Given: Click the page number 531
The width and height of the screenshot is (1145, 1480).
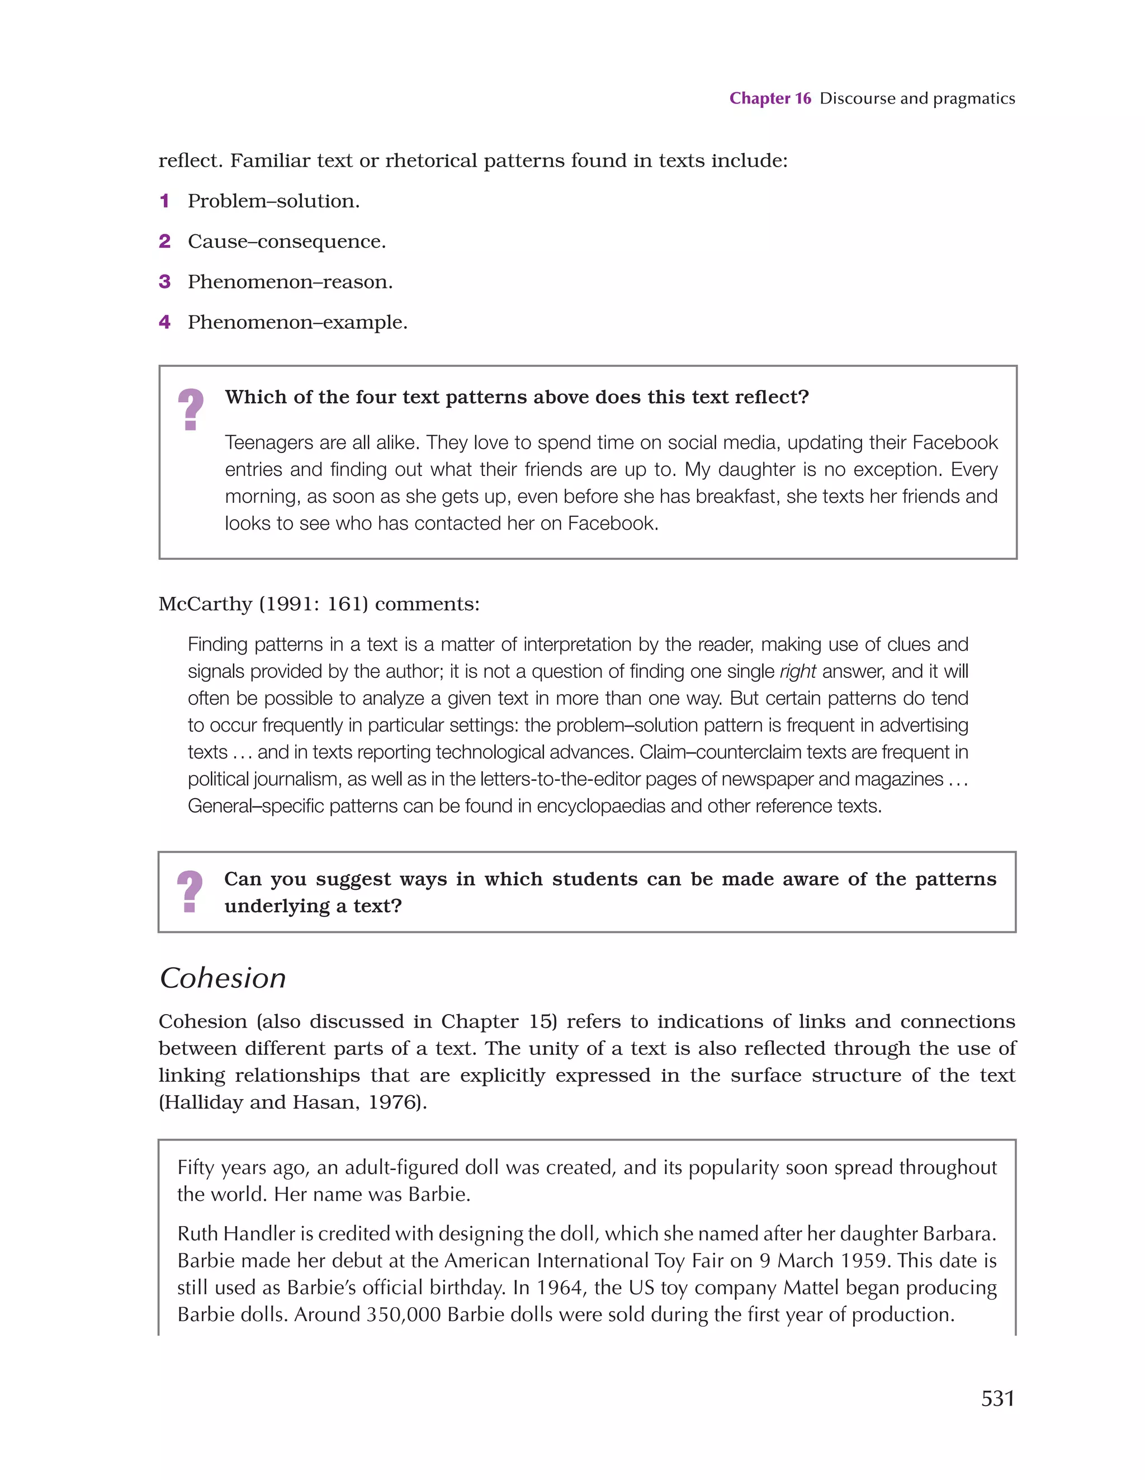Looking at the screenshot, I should point(997,1398).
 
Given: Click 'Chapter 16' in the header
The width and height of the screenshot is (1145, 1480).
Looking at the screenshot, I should point(770,98).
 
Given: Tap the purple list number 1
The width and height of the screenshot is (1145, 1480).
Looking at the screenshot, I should point(164,201).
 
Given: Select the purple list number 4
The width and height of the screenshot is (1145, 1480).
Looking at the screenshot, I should point(164,323).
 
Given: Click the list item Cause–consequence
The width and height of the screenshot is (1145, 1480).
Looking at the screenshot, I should point(287,242).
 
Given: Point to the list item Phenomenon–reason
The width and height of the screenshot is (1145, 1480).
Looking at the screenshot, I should point(290,282).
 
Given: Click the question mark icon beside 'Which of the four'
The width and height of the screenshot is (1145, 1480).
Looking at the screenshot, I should point(191,409).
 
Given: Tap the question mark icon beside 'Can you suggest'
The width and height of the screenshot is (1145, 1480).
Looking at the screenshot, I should point(190,891).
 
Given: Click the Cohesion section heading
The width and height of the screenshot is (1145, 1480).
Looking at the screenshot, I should point(223,978).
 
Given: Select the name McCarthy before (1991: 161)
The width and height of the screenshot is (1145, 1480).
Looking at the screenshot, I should point(205,604).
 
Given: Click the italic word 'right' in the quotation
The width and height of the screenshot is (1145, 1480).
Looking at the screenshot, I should point(797,672).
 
